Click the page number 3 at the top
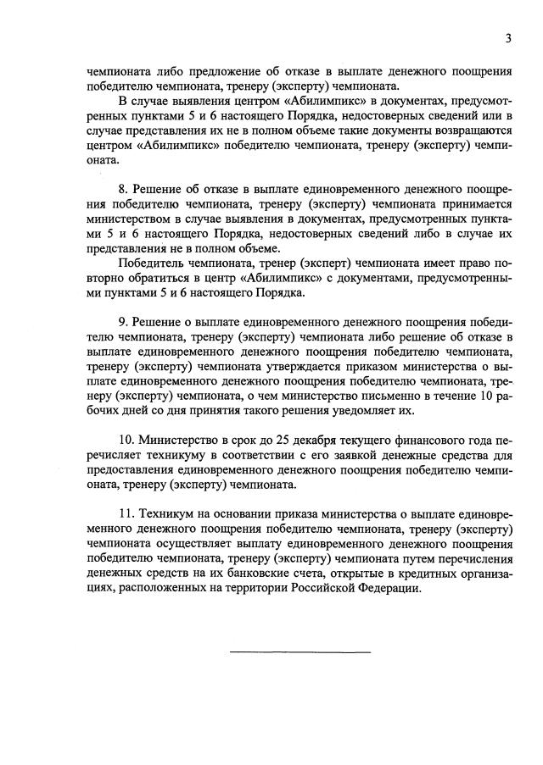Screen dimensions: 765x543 pyautogui.click(x=507, y=37)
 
